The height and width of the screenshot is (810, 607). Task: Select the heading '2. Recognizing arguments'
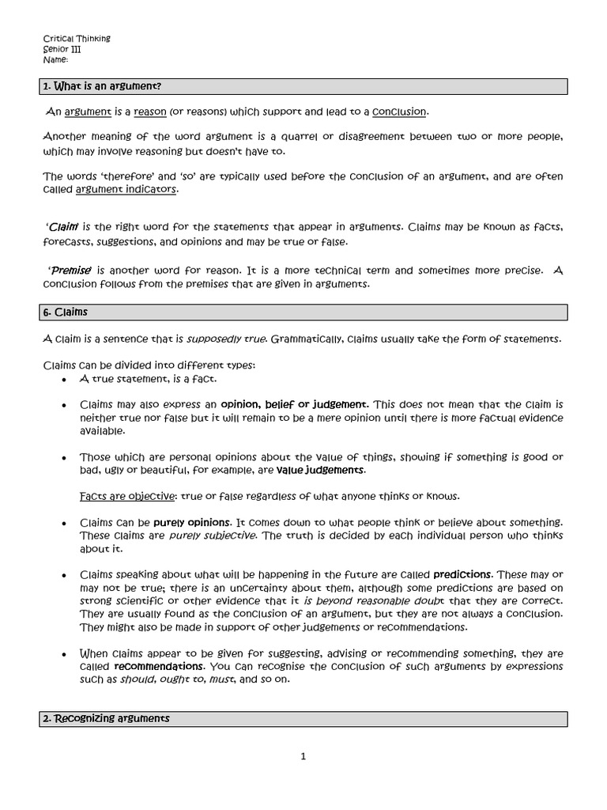(x=105, y=718)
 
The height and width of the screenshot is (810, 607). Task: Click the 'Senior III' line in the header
(x=62, y=49)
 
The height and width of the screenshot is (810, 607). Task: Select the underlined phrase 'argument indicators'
(x=126, y=190)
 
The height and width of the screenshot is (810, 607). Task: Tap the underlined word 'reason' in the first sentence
(x=150, y=112)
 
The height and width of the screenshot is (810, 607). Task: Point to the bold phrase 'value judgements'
(x=320, y=470)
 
